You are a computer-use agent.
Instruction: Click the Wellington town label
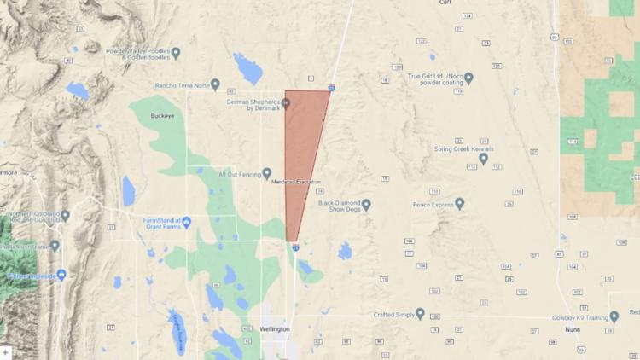[275, 328]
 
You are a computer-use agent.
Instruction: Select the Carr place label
[445, 3]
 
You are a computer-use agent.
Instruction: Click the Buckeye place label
[161, 115]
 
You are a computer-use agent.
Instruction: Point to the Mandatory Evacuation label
[296, 183]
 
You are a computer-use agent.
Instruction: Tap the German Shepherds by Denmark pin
[287, 104]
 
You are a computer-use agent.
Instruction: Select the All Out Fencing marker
[267, 173]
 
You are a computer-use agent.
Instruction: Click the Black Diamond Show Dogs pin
[366, 205]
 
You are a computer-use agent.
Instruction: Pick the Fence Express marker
[459, 204]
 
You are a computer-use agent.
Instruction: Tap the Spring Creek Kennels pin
[484, 158]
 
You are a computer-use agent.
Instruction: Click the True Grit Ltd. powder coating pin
[468, 78]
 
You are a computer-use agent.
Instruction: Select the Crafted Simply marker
[419, 314]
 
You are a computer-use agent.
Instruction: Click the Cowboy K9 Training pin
[614, 316]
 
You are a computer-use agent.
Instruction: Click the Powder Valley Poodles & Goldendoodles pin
[176, 53]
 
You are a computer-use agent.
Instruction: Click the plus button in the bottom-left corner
[6, 352]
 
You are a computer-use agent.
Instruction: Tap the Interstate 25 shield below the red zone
[294, 247]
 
